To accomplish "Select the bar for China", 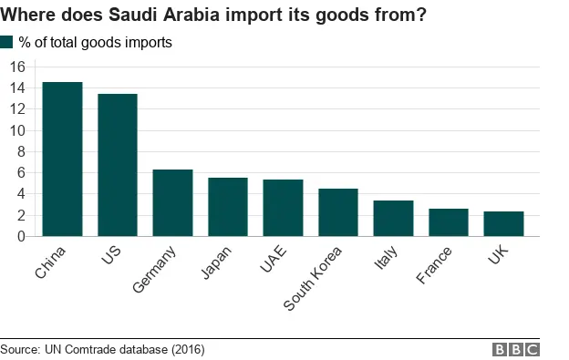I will tap(62, 159).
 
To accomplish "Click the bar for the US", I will tap(118, 165).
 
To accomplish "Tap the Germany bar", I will tap(172, 202).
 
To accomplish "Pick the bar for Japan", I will tap(228, 207).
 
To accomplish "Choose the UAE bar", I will tap(283, 208).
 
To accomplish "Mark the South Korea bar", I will tap(338, 212).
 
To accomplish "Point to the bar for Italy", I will tap(393, 219).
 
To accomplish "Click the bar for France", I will tap(449, 222).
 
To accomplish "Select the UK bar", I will tap(503, 224).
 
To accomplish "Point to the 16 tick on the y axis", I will tap(16, 67).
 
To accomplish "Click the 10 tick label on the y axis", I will tap(16, 130).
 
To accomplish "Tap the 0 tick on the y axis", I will tap(20, 237).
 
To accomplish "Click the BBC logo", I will tap(515, 350).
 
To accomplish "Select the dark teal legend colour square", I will tap(7, 42).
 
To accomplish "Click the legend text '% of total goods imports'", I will tap(95, 43).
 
